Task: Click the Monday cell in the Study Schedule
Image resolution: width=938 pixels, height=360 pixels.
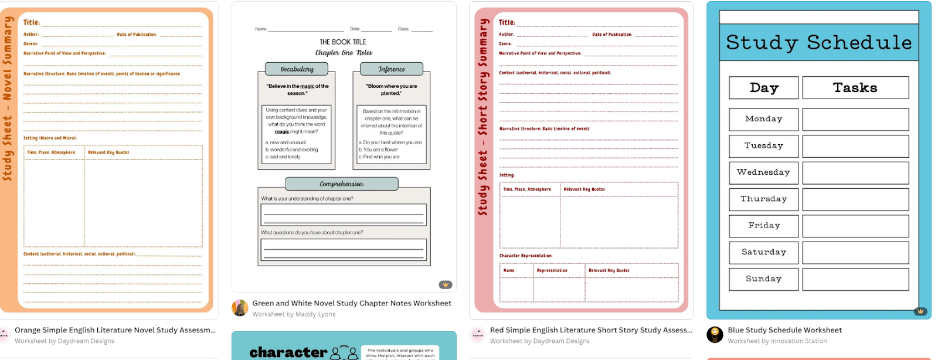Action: [x=763, y=119]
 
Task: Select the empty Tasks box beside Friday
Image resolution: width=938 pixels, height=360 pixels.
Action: [x=855, y=226]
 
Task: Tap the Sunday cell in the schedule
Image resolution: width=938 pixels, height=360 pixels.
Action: [x=763, y=279]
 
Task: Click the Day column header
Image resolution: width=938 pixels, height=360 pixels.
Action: [x=763, y=88]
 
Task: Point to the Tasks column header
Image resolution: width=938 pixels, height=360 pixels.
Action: [x=855, y=88]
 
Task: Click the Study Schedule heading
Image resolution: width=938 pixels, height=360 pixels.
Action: [x=818, y=42]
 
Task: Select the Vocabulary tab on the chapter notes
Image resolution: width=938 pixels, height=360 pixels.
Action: [x=297, y=69]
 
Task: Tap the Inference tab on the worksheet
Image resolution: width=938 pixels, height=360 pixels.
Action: [x=391, y=69]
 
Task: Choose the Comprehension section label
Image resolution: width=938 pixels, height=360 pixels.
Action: [x=341, y=184]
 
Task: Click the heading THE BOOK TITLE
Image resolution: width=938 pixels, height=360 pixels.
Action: [x=342, y=42]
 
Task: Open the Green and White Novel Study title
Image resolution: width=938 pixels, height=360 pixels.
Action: [x=352, y=303]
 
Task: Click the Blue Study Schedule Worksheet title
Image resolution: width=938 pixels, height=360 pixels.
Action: [x=784, y=330]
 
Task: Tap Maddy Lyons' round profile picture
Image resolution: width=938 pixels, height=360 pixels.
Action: [x=240, y=308]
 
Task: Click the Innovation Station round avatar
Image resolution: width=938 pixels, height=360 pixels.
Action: [x=715, y=335]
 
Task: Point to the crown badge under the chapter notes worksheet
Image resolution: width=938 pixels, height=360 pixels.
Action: [x=446, y=285]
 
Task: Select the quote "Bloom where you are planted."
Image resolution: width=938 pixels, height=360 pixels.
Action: [x=391, y=90]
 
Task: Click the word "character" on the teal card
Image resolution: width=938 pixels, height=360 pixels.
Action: [x=288, y=352]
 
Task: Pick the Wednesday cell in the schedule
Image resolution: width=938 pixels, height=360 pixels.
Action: [x=763, y=172]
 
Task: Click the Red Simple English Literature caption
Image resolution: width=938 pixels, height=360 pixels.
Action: [x=591, y=330]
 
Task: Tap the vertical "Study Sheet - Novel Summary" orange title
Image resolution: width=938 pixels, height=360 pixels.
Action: [x=8, y=99]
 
